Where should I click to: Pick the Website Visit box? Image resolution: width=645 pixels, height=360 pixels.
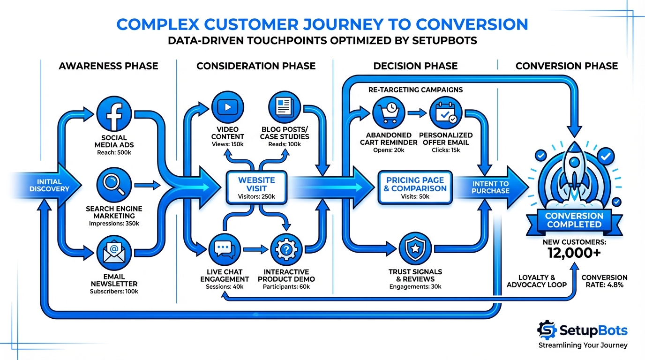point(256,187)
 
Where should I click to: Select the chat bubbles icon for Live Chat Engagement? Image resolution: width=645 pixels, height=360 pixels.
point(224,250)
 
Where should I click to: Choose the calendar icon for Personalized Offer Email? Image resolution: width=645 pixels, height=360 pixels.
point(445,113)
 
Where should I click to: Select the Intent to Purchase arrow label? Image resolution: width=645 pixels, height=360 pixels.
point(490,187)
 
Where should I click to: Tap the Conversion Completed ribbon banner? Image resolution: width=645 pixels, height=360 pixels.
point(574,220)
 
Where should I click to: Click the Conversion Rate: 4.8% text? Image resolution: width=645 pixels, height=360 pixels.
point(604,281)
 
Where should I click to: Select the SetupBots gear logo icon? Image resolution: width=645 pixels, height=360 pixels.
point(547,330)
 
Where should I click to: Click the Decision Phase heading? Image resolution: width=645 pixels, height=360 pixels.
point(415,66)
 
